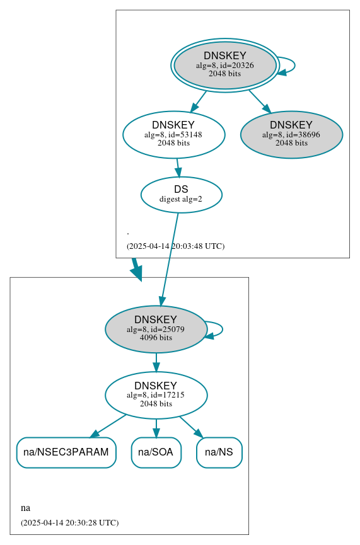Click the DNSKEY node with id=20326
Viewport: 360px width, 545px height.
(225, 65)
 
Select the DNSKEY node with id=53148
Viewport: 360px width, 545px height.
(173, 134)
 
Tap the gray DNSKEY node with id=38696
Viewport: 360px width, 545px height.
(291, 134)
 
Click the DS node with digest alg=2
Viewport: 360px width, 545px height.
(181, 194)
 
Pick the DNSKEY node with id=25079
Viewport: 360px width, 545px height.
(156, 329)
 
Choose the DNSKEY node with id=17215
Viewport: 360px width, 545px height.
(156, 395)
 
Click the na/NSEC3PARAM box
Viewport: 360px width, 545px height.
(66, 452)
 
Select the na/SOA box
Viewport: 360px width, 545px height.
(156, 452)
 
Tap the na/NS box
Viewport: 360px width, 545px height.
(219, 452)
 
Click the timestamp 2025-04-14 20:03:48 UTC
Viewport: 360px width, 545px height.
(175, 246)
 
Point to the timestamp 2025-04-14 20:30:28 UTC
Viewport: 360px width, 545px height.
(69, 523)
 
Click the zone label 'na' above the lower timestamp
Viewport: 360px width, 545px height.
(25, 508)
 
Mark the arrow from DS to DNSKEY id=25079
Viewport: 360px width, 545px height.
(170, 258)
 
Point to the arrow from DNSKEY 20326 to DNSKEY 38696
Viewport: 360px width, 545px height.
(259, 101)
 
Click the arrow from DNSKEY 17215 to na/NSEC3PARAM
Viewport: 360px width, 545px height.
(108, 426)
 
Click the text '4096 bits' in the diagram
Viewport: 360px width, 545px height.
(156, 338)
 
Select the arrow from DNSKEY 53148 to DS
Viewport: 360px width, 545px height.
(178, 167)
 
